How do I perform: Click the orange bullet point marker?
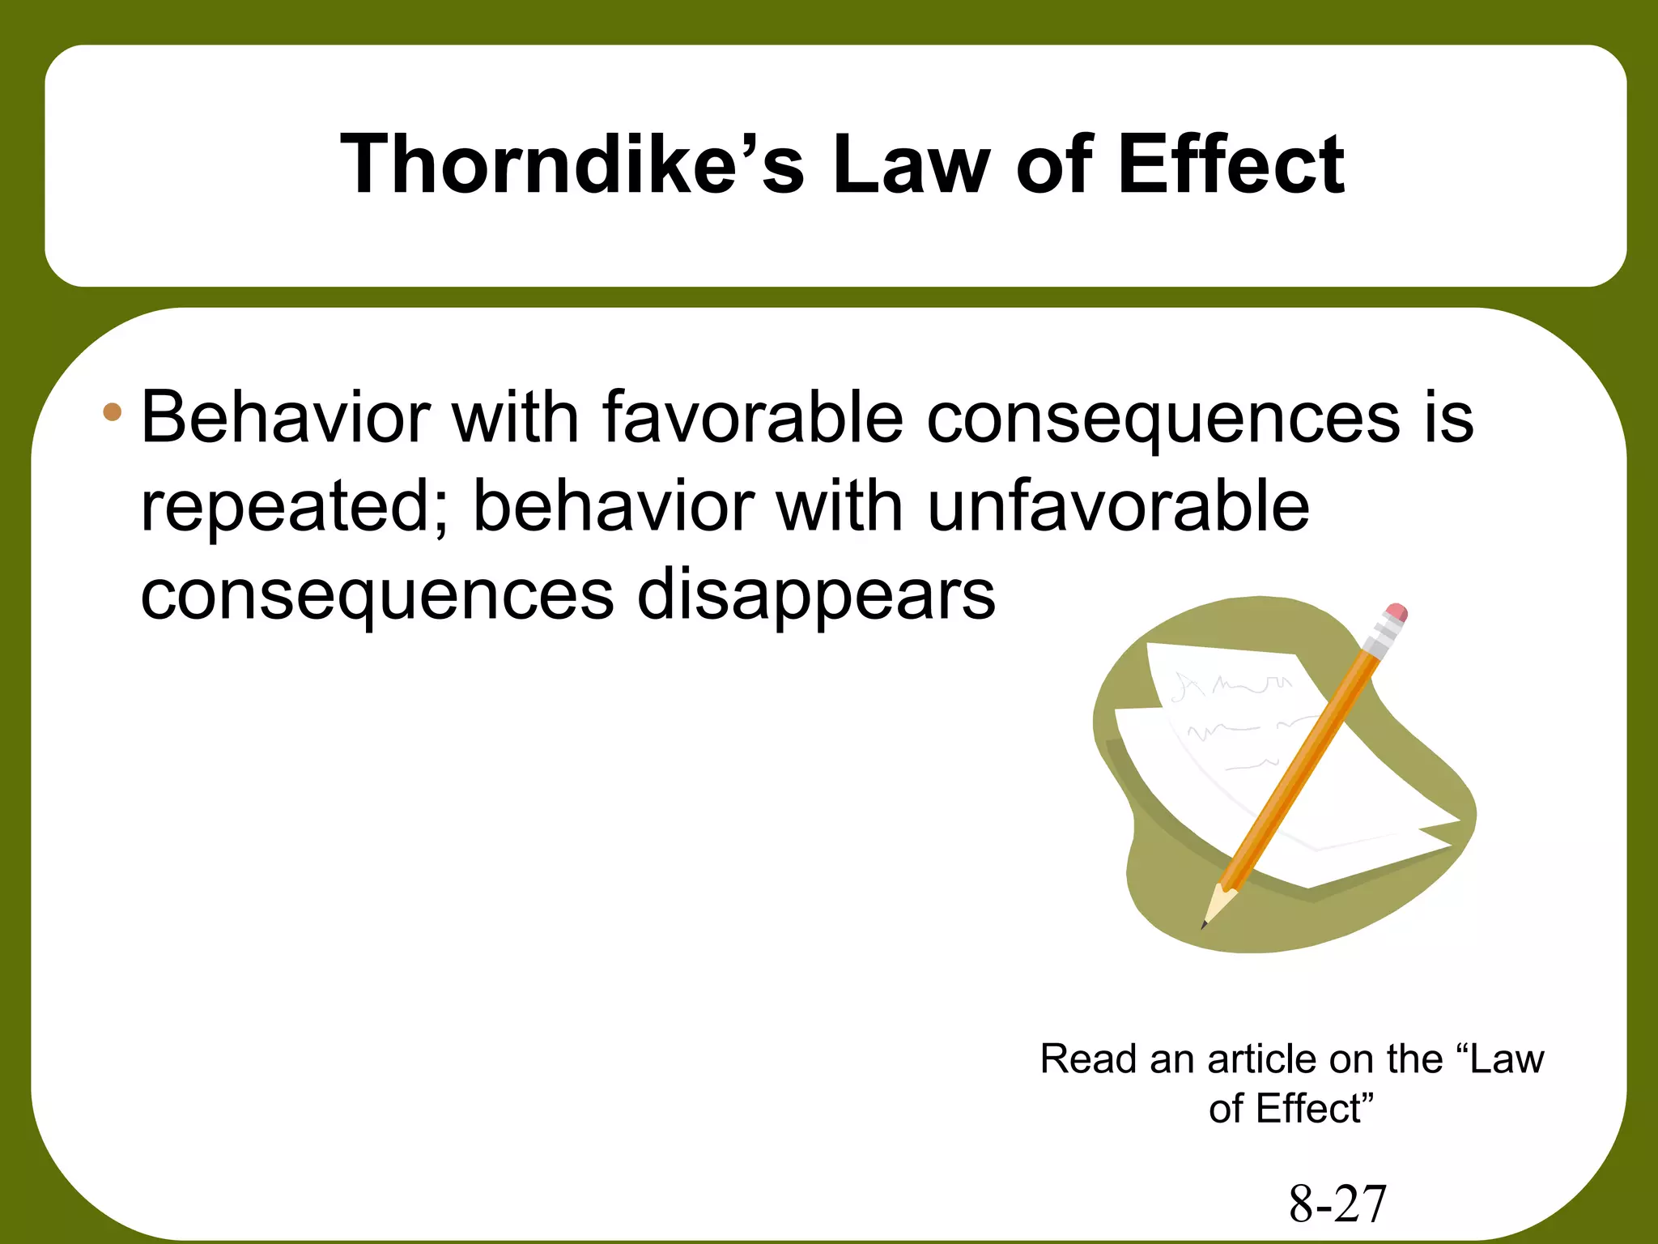click(113, 413)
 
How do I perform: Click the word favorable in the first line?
click(752, 419)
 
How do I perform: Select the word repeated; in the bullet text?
click(295, 508)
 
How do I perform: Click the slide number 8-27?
click(1337, 1204)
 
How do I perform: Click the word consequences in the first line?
click(1163, 419)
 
